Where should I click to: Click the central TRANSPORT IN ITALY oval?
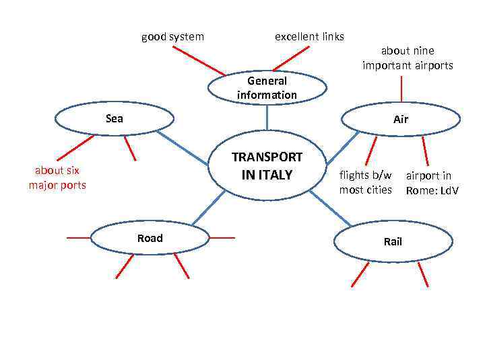point(267,166)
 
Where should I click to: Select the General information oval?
point(267,88)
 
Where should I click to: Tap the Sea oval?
point(115,119)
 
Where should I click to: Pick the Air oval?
point(401,120)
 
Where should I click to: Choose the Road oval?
point(150,238)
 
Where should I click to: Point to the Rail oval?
point(392,241)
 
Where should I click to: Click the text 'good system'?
point(172,36)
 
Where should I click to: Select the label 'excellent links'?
point(309,36)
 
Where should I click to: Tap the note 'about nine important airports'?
point(408,58)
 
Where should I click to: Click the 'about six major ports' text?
point(57,177)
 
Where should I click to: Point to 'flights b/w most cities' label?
point(366,182)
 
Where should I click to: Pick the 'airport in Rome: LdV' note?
point(431,183)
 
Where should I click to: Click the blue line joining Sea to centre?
point(183,147)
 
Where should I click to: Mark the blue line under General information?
point(267,117)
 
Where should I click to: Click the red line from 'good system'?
point(198,61)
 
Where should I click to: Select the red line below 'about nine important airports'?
point(402,89)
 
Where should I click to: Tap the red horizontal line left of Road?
point(78,237)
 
